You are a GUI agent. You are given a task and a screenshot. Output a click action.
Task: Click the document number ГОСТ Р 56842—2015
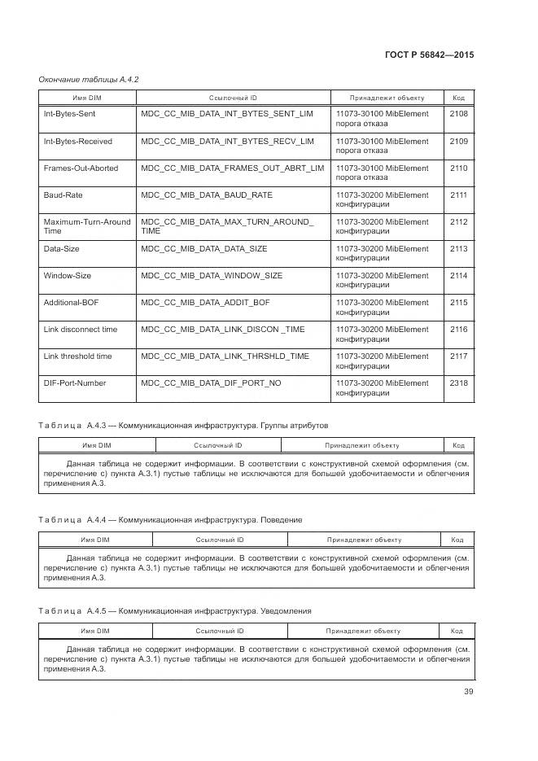coord(428,55)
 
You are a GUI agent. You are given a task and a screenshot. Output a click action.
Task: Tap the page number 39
coord(468,692)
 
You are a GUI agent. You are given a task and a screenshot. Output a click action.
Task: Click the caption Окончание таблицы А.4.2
coord(89,79)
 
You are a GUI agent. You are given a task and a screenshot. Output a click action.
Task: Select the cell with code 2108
coord(458,114)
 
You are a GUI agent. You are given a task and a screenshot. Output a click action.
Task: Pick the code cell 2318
coord(458,383)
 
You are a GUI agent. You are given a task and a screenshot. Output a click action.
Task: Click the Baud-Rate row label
coord(63,195)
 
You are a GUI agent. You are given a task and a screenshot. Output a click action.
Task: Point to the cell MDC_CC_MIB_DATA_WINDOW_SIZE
coord(212,276)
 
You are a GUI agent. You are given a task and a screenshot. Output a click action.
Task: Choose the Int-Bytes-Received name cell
coord(77,142)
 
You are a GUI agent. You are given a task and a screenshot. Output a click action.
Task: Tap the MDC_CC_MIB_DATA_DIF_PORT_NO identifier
coord(211,383)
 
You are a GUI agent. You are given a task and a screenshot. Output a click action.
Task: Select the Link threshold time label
coord(77,356)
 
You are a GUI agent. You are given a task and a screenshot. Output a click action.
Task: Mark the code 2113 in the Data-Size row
coord(458,249)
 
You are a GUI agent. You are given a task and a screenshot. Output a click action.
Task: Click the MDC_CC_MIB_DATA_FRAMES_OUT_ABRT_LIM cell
coord(232,168)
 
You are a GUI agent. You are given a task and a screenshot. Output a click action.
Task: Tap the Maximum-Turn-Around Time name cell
coord(86,226)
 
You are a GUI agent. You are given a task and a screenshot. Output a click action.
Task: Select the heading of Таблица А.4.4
coord(170,519)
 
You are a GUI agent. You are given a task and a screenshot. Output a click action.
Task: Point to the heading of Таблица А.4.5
coord(174,611)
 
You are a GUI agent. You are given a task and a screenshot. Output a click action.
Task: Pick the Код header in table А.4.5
coord(457,631)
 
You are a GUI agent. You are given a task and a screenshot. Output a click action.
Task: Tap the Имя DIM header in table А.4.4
coord(94,539)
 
